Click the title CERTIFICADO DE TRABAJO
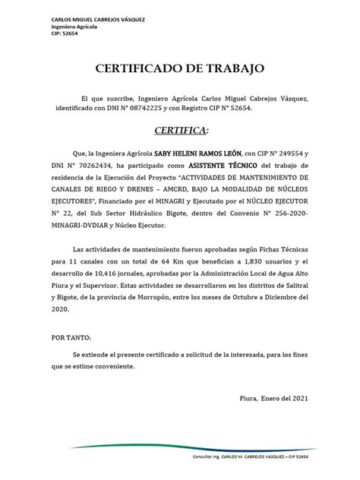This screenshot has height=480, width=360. coord(180,69)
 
